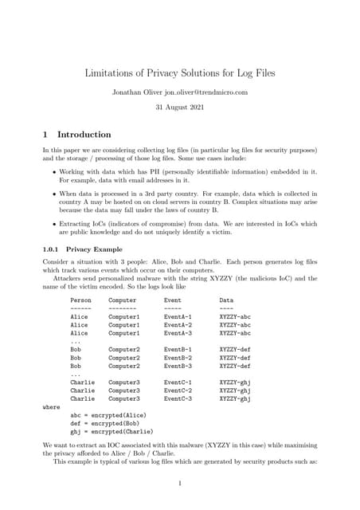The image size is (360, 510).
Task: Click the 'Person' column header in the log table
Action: [80, 300]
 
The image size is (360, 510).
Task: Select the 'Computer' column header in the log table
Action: [123, 300]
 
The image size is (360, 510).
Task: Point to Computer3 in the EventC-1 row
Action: [123, 382]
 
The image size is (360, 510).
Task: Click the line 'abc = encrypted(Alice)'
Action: [106, 415]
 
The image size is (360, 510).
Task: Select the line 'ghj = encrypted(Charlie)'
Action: [111, 431]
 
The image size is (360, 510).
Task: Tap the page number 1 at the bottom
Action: [180, 483]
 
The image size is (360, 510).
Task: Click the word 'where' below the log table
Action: [51, 407]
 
